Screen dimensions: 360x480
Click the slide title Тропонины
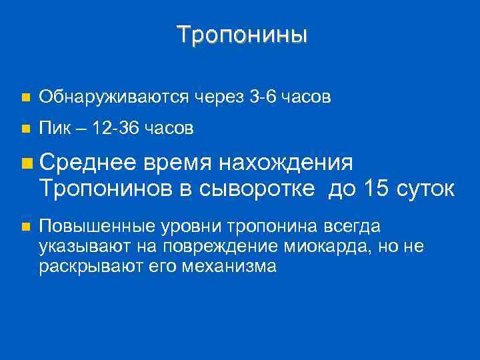pos(242,34)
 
